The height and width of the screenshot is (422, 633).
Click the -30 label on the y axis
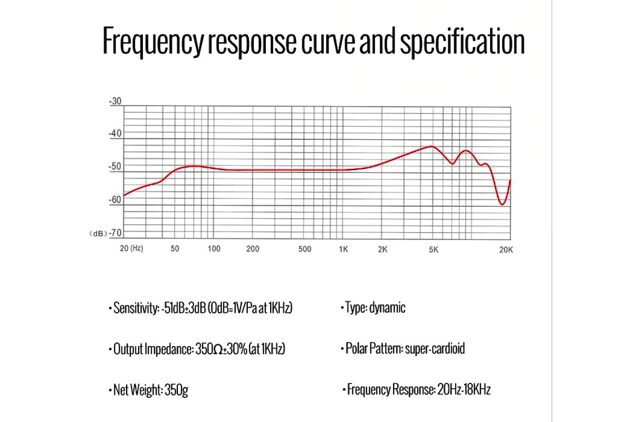pos(115,101)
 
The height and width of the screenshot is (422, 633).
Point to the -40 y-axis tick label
pos(115,133)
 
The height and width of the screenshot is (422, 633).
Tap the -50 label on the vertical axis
pos(115,167)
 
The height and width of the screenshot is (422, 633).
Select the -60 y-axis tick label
pos(115,200)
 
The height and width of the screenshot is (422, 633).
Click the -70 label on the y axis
pos(115,233)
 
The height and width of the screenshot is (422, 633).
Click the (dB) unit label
pos(98,234)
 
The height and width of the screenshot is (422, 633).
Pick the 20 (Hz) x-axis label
pos(131,248)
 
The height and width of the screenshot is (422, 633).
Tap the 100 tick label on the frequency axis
pos(214,249)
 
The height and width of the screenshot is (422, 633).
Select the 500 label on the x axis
pos(304,249)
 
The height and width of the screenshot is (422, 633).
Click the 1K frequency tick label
pos(343,249)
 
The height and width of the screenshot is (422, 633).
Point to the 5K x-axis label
pos(433,249)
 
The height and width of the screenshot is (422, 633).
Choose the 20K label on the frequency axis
pos(506,250)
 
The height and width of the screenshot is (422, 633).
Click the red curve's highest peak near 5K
pos(432,146)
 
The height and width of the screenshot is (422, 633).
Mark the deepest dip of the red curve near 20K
pos(502,204)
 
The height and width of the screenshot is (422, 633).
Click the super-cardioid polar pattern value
pos(435,349)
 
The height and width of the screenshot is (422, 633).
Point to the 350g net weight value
pos(176,390)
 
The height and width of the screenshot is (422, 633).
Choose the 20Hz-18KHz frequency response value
pos(464,390)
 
